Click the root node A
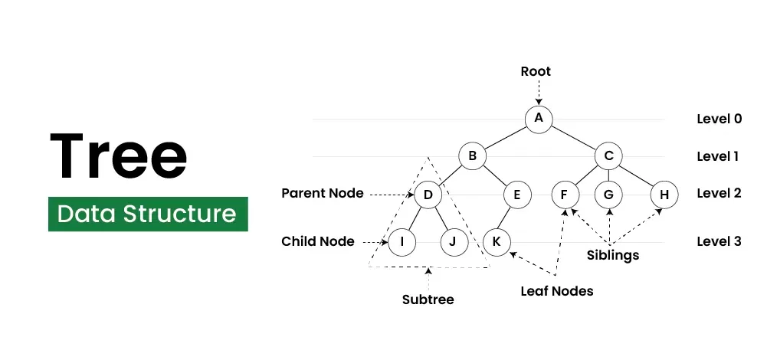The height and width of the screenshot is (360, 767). pos(539,118)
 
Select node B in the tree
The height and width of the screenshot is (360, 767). pos(473,156)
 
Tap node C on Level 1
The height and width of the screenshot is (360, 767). pos(608,156)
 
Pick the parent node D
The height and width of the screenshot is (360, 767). pos(428,195)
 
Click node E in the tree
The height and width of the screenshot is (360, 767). pos(517,195)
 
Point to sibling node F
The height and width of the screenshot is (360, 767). pos(565,195)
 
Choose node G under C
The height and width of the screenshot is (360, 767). pos(608,195)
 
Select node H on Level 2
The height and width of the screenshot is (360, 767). pos(664,195)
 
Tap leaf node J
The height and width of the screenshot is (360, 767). pos(454,242)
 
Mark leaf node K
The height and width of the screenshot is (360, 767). pos(497,242)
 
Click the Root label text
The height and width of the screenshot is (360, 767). pos(536,72)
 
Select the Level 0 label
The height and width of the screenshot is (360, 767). pos(719,119)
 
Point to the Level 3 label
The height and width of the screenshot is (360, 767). pos(719,241)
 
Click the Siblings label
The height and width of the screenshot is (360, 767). pos(613,255)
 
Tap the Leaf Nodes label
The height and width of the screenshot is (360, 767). pos(557,291)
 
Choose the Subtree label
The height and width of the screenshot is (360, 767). pos(428,299)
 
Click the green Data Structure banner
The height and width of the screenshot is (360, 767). pos(148,213)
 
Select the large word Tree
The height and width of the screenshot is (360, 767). pos(119,155)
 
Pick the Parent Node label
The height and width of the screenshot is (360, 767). pos(323,193)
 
